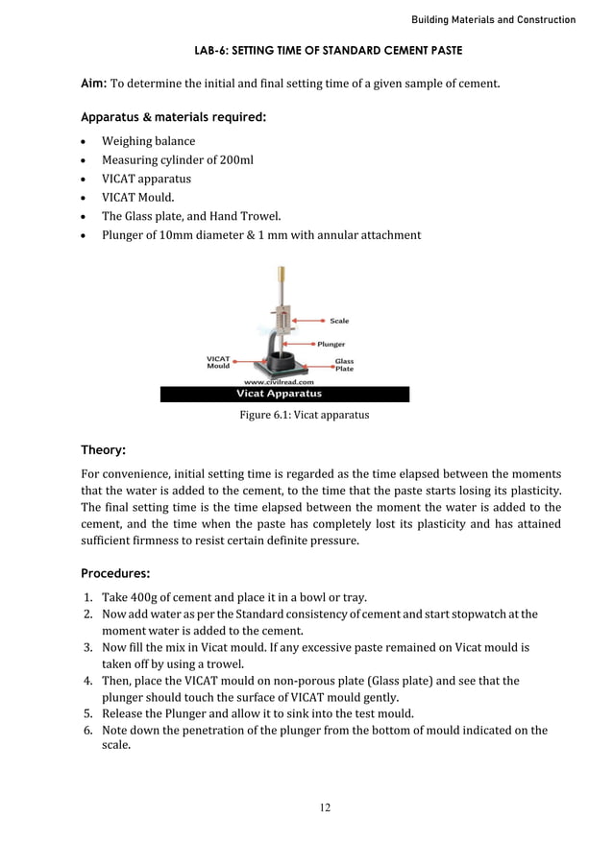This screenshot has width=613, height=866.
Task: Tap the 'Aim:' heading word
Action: click(93, 84)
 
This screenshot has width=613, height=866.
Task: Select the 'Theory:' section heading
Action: click(103, 449)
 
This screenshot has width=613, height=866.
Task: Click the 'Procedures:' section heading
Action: click(115, 574)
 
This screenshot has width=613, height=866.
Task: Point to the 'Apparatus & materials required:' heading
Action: click(173, 118)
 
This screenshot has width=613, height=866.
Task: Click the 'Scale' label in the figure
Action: click(339, 321)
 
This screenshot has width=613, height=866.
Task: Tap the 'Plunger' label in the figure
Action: click(331, 344)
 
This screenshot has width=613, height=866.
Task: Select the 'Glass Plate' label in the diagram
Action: click(344, 365)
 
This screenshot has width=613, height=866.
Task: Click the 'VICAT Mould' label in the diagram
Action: click(218, 362)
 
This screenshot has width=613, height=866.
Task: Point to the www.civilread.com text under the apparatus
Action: click(280, 381)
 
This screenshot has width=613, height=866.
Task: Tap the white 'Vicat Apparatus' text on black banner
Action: click(280, 394)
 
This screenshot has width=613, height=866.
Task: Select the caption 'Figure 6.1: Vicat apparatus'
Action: click(304, 416)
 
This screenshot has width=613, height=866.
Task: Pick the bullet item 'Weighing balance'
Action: click(148, 141)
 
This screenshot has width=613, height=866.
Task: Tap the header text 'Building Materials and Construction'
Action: click(493, 19)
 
